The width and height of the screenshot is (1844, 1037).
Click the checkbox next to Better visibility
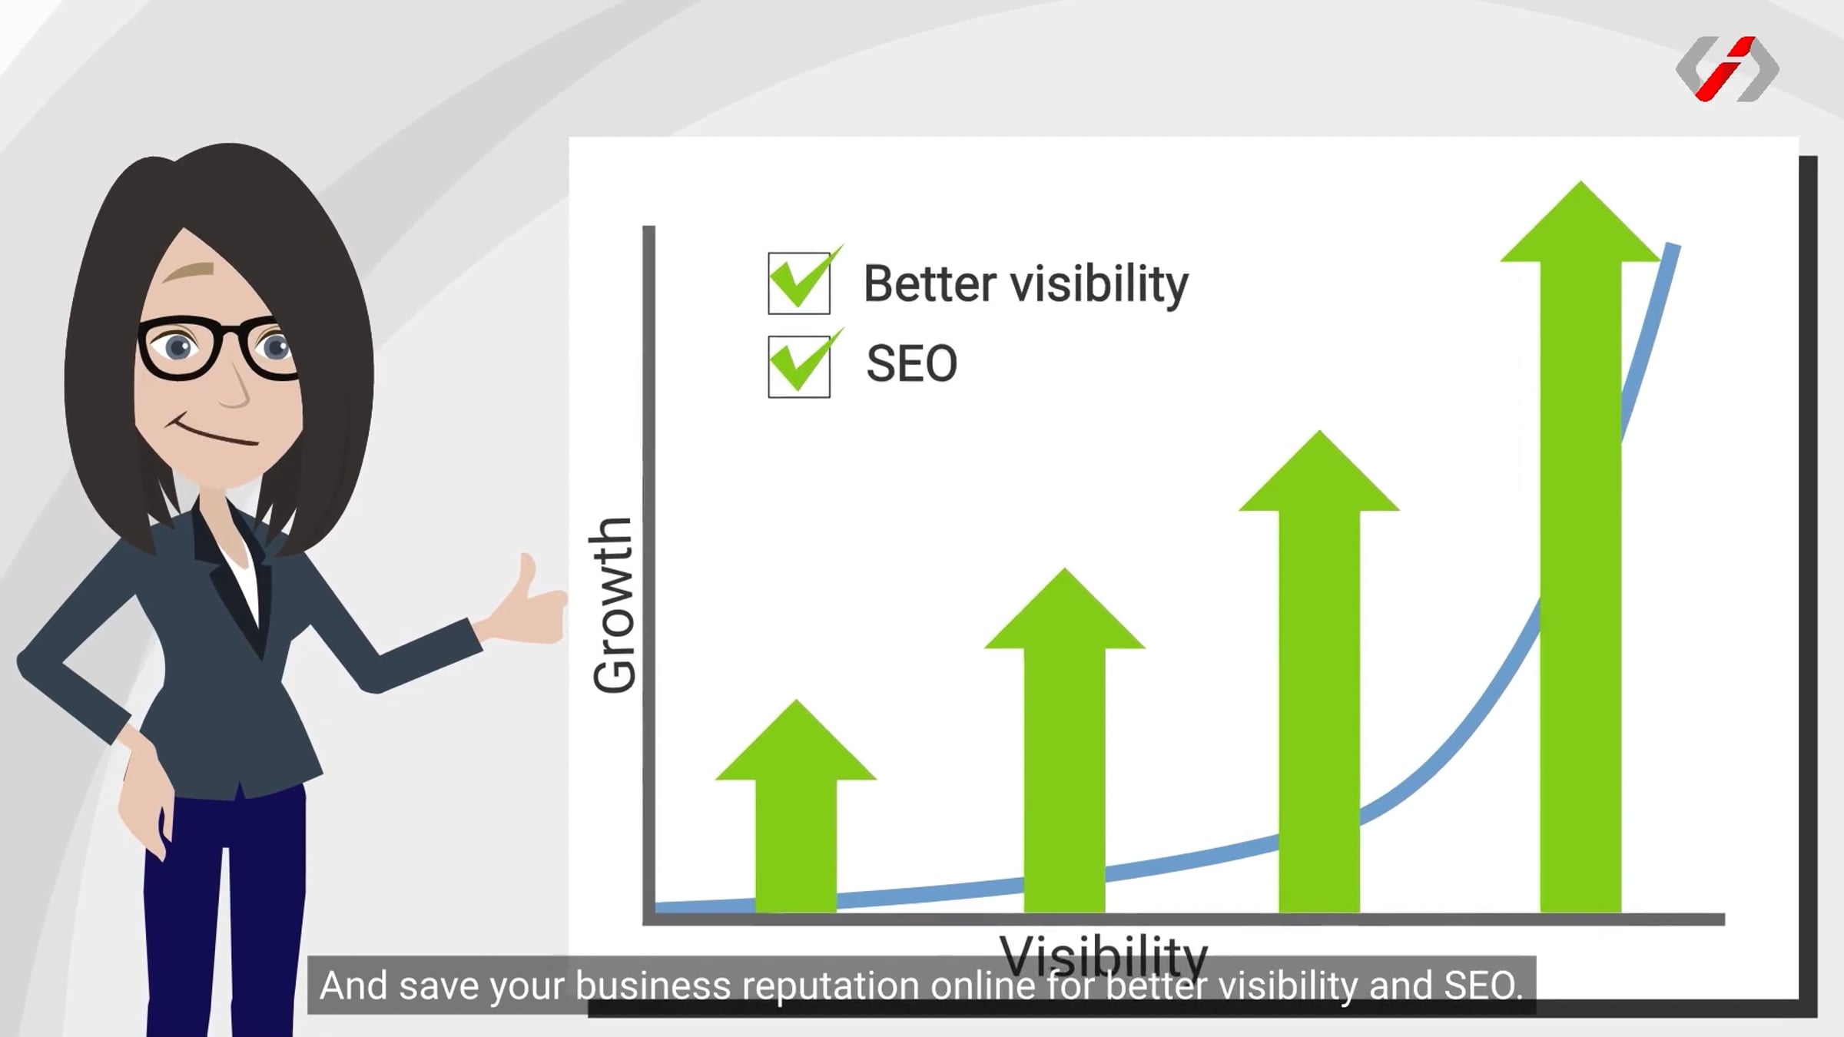[x=799, y=283]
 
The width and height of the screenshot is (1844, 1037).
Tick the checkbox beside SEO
[x=799, y=366]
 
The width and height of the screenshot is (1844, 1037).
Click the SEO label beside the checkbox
[x=912, y=363]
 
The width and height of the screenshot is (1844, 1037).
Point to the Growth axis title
[x=614, y=605]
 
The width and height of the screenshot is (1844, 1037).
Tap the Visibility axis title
[x=1103, y=953]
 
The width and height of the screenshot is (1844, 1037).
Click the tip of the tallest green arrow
[x=1580, y=181]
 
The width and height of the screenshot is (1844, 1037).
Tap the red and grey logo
[x=1727, y=68]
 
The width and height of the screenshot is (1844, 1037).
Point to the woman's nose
[x=234, y=389]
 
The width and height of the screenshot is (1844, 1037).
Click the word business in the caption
[x=653, y=986]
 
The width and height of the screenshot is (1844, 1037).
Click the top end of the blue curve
[x=1673, y=246]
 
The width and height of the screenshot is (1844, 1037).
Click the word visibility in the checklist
[x=1099, y=285]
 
